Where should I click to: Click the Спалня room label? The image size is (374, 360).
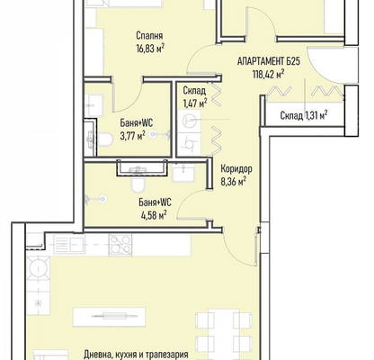point(149,36)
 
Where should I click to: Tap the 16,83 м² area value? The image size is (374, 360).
point(150,49)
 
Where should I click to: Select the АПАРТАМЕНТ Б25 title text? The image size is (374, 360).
point(269,61)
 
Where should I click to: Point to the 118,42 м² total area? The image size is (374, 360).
point(269,74)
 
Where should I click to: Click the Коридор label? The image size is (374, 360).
point(236,169)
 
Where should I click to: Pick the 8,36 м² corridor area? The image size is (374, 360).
point(234,182)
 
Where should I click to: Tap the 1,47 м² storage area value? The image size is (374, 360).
point(195,103)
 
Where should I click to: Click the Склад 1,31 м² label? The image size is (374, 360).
point(304,115)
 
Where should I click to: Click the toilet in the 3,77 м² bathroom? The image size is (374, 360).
point(105,139)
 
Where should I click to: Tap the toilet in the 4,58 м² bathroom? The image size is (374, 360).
point(138,184)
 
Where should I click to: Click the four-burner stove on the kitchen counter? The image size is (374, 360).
point(120,245)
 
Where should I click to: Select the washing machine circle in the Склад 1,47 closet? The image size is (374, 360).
point(188,121)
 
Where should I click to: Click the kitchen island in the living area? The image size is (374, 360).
point(109,317)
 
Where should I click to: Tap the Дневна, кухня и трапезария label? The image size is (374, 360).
point(136,355)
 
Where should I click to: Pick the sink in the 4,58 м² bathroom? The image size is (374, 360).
point(183,173)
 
